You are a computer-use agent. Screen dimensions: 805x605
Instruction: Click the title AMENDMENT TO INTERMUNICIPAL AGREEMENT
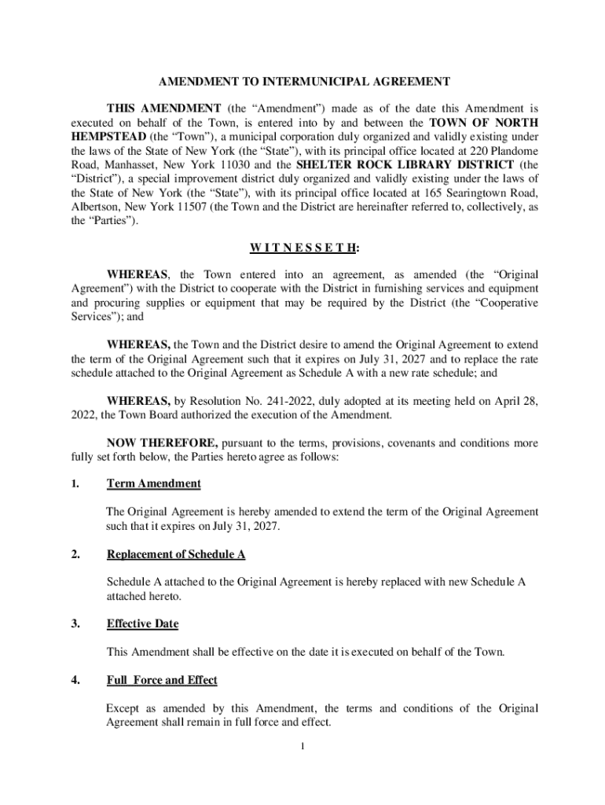pos(304,82)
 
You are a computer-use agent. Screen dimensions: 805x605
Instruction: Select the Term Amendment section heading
pos(153,483)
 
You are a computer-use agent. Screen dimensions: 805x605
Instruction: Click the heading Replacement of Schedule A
pos(176,554)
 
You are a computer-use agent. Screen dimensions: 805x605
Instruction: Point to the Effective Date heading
pos(142,624)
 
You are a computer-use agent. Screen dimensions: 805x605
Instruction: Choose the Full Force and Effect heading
pos(162,680)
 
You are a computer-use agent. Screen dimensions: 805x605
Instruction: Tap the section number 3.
pos(75,624)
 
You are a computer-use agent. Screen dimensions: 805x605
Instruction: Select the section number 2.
pos(75,554)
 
